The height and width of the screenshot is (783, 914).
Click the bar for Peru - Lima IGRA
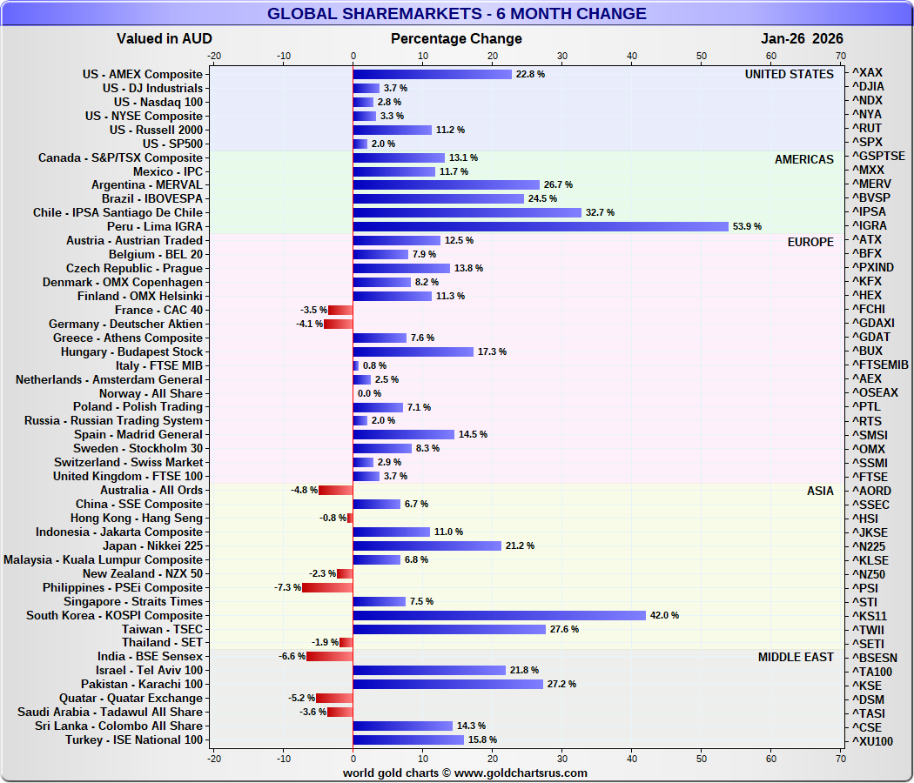[540, 226]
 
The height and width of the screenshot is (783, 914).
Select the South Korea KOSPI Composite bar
[499, 615]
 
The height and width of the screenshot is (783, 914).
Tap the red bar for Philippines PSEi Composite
[327, 587]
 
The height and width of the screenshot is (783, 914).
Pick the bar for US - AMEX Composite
[432, 74]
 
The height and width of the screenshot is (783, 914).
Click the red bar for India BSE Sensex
[330, 656]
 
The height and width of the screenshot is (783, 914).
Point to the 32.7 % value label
[600, 212]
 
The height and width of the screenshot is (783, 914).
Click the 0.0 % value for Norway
[369, 393]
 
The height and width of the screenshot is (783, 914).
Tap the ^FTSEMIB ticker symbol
[880, 365]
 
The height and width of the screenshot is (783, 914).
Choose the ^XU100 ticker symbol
[871, 740]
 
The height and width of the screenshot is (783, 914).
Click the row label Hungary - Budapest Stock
[131, 351]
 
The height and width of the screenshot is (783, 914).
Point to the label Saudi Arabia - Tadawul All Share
[110, 712]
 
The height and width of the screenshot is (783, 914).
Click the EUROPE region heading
[810, 241]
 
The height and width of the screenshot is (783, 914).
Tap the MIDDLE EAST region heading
[796, 657]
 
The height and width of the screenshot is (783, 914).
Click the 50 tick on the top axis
[702, 55]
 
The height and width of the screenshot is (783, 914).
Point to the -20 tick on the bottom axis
[213, 759]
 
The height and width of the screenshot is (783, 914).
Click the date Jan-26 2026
[802, 38]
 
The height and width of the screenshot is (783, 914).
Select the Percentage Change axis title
[456, 38]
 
